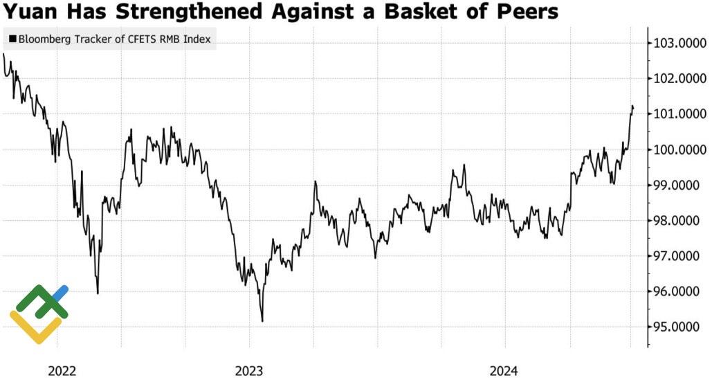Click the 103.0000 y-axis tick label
coord(679,44)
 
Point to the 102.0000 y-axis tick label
coord(679,79)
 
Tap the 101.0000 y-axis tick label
coord(679,114)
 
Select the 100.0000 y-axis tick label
coord(679,150)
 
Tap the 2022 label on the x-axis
coord(62,370)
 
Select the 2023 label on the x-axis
coord(249,370)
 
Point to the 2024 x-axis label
coord(504,370)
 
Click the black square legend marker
coord(12,39)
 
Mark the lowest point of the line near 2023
coord(262,321)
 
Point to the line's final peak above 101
coord(632,106)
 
